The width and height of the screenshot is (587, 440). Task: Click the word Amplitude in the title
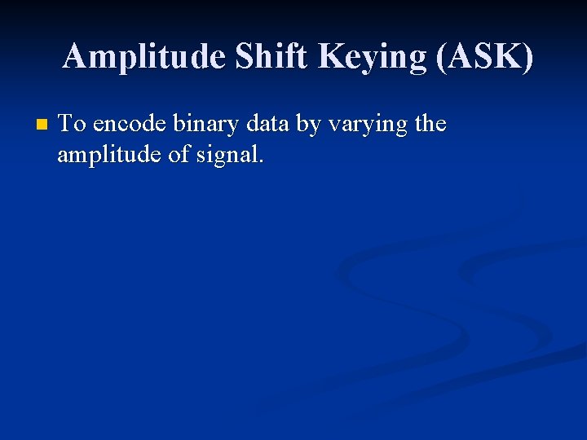[x=144, y=57]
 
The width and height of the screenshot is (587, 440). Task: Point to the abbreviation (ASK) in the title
[x=485, y=57]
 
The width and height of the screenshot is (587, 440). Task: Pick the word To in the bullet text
[x=73, y=125]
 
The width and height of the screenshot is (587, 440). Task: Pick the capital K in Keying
[x=331, y=57]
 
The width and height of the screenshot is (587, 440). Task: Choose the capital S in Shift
[x=245, y=57]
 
